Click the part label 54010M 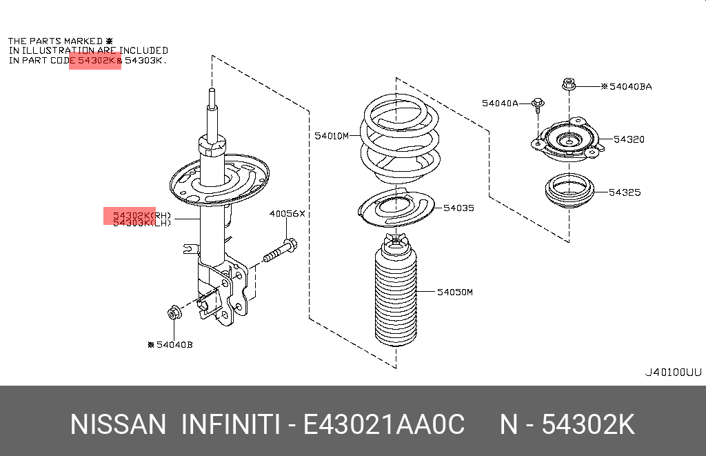click(x=332, y=136)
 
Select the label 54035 click(x=458, y=208)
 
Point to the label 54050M click(x=455, y=292)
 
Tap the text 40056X click(x=288, y=214)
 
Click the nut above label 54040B click(x=174, y=312)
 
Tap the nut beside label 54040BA click(x=569, y=83)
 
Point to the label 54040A click(x=500, y=103)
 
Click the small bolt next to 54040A click(x=538, y=105)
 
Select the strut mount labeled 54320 click(x=568, y=139)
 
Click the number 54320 click(x=629, y=139)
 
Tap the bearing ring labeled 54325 click(x=569, y=191)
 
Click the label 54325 click(x=625, y=192)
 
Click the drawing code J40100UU click(x=673, y=373)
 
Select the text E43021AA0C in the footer click(x=383, y=424)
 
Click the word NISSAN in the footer click(x=118, y=424)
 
